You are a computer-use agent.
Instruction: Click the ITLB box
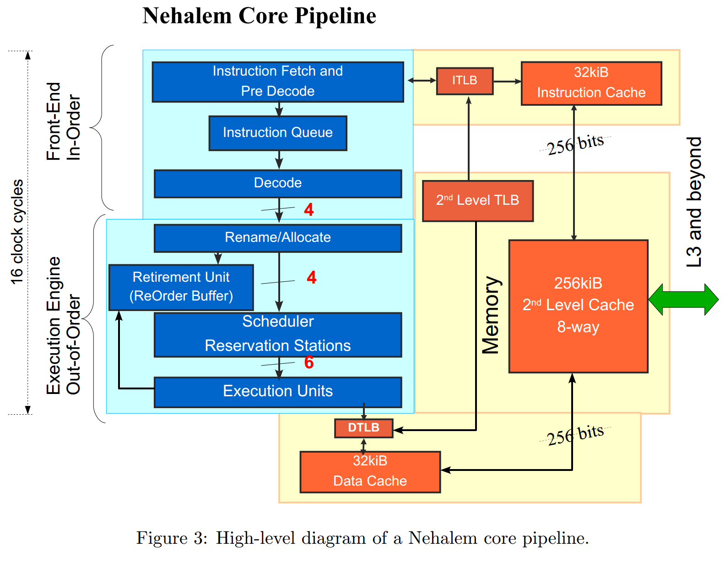coord(465,81)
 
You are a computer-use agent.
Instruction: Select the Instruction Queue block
coord(278,133)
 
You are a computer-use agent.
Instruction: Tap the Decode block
coord(278,183)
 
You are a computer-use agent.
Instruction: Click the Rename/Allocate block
coord(278,238)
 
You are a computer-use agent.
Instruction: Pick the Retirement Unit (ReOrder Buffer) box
coord(181,287)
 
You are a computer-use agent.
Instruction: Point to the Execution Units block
coord(278,392)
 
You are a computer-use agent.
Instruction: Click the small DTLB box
coord(363,428)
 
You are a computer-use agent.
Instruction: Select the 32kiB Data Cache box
coord(370,472)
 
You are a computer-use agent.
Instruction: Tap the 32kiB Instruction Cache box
coord(591,83)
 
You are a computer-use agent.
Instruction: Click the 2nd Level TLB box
coord(477,201)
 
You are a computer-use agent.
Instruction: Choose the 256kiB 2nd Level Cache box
coord(578,306)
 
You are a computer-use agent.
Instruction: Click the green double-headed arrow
coord(683,300)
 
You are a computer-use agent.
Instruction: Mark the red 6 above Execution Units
coord(309,362)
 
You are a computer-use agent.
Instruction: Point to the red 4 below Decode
coord(309,210)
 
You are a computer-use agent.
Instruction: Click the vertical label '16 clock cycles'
coord(17,232)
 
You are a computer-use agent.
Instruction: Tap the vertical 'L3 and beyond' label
coord(694,202)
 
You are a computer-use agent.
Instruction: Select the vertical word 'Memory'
coord(491,315)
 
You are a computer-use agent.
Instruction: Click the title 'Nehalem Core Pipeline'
coord(259,16)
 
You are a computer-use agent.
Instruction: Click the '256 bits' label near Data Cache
coord(575,435)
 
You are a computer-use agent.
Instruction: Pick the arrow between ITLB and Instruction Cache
coord(507,82)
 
